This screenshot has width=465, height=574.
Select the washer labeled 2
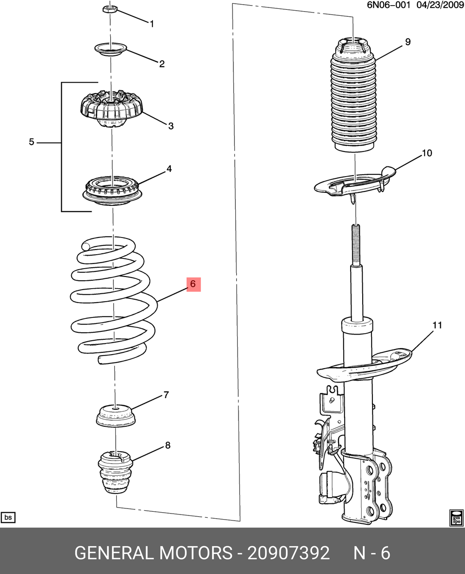pyautogui.click(x=111, y=48)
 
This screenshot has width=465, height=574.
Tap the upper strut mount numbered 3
pyautogui.click(x=112, y=110)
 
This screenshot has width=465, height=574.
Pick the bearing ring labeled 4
pyautogui.click(x=113, y=191)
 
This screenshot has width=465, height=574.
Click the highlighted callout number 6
pyautogui.click(x=193, y=284)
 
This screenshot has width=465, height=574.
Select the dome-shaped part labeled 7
pyautogui.click(x=116, y=415)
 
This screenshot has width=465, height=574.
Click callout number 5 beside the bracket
pyautogui.click(x=32, y=142)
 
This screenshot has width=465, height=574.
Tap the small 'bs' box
pyautogui.click(x=8, y=517)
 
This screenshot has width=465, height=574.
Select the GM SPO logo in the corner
pyautogui.click(x=456, y=518)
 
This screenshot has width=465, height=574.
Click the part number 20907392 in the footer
pyautogui.click(x=288, y=553)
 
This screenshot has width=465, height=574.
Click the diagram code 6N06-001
pyautogui.click(x=389, y=6)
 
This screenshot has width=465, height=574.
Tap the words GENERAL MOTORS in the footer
pyautogui.click(x=153, y=553)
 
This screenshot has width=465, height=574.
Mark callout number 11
pyautogui.click(x=437, y=325)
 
